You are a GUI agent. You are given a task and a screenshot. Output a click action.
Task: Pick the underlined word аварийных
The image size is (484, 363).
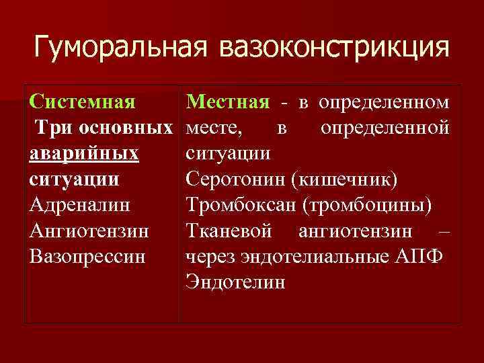(85, 154)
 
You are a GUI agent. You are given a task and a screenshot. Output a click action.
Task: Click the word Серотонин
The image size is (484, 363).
(233, 179)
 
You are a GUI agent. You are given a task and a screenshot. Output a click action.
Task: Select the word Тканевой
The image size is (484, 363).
(229, 231)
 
